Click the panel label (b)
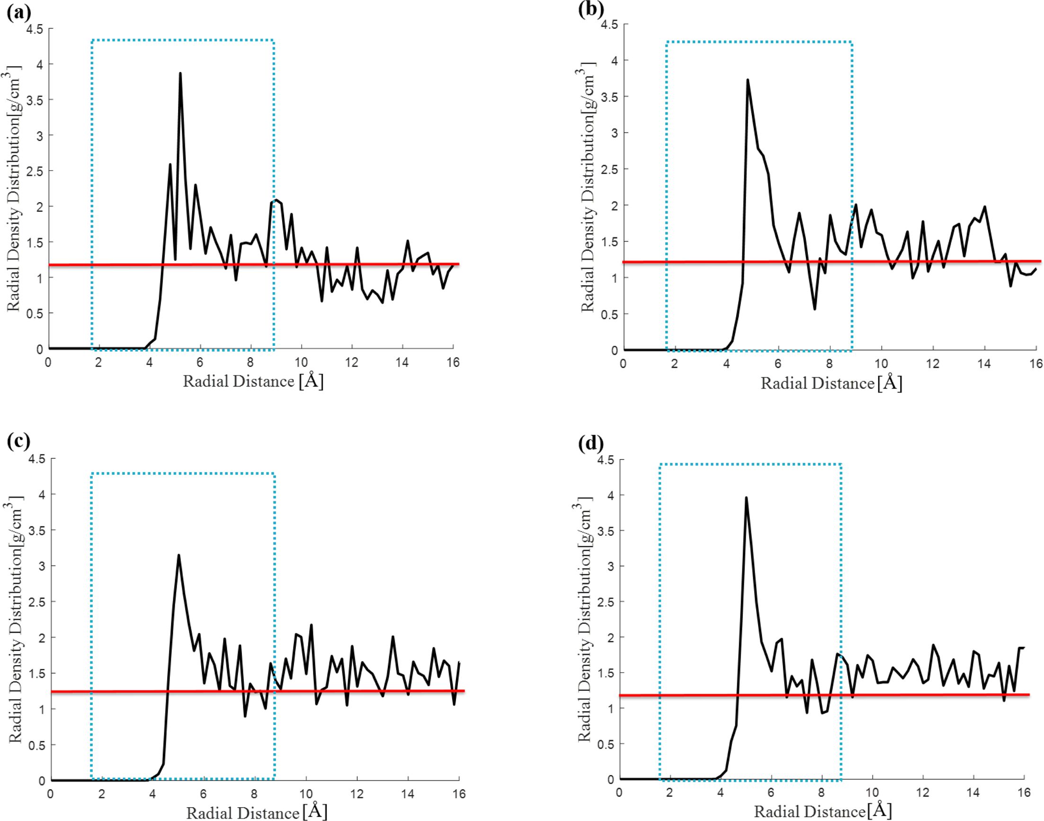point(591,9)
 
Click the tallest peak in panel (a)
point(180,73)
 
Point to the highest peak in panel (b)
point(748,80)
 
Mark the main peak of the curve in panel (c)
point(178,555)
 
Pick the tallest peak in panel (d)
point(746,498)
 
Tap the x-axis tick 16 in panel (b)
point(1036,363)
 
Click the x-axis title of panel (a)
point(253,382)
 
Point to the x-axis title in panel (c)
point(257,812)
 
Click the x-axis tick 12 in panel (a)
point(352,362)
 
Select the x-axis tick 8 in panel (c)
point(255,794)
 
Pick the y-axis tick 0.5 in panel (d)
point(605,744)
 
